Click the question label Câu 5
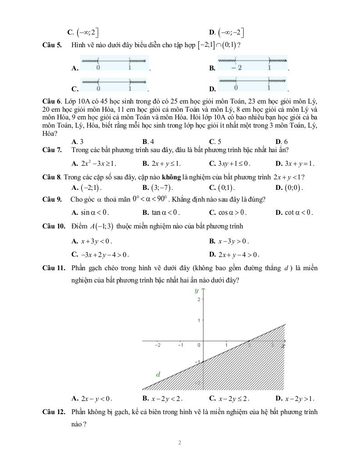[52, 45]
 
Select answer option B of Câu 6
[148, 142]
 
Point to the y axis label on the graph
[197, 291]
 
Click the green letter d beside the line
[158, 375]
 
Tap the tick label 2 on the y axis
[199, 300]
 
